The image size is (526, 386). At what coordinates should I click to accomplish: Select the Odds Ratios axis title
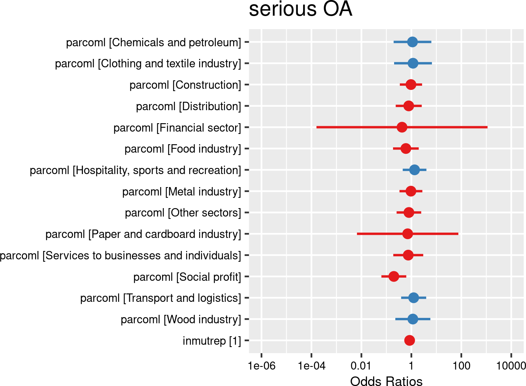pos(386,381)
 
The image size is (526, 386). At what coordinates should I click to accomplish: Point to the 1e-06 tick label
pos(261,366)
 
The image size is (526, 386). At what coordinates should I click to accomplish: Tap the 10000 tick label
pos(511,366)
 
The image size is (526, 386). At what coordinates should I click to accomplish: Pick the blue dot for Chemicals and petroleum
pos(412,42)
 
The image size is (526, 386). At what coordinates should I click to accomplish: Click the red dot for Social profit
pos(394,276)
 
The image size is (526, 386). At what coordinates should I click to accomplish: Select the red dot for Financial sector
pos(402,127)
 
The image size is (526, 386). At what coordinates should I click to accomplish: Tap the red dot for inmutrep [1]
pos(409,340)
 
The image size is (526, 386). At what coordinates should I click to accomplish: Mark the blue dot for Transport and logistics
pos(414,298)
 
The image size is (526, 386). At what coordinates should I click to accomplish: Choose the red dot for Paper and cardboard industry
pos(407,233)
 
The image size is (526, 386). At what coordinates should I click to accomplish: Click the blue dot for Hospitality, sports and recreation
pos(414,169)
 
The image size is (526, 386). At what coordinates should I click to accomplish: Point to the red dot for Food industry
pos(406,148)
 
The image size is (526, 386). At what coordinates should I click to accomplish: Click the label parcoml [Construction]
pos(185,85)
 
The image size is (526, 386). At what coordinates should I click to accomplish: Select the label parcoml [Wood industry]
pos(181,319)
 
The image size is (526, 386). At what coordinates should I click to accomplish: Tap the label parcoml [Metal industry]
pos(182,192)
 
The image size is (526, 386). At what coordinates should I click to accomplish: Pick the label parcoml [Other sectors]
pos(183,213)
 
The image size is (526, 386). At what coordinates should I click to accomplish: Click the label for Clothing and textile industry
pos(148,64)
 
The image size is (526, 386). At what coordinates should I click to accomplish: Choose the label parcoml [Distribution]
pos(188,106)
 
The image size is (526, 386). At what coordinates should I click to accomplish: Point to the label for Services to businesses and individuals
pos(120,256)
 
